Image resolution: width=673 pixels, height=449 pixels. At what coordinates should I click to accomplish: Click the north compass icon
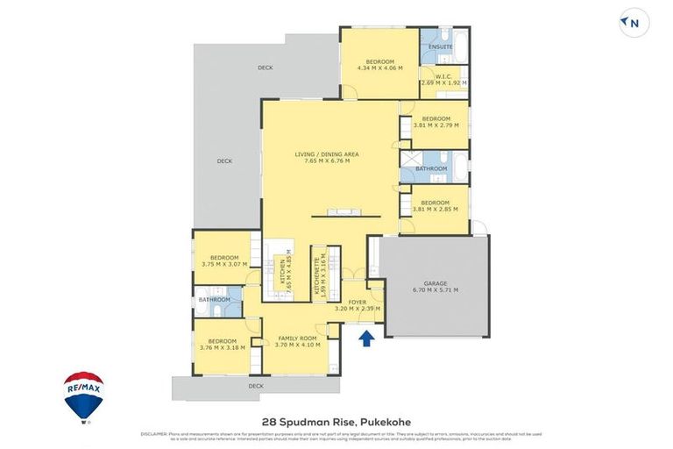coord(630,24)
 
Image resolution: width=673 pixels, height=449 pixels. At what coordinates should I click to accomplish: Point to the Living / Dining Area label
coord(326,154)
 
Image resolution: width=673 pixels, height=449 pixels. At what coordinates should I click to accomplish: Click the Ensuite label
coord(440,46)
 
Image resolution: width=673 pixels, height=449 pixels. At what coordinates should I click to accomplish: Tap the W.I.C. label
coord(443,75)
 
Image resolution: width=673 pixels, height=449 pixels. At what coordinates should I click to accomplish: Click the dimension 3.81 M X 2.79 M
coord(436,125)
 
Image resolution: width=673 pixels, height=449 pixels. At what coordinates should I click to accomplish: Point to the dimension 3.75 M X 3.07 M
coord(223,264)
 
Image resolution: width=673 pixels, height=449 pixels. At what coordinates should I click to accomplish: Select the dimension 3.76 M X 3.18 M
coord(223,347)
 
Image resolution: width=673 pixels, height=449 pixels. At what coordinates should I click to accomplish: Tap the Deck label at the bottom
coord(255,385)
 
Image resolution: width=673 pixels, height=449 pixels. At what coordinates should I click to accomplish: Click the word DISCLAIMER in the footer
coord(153,433)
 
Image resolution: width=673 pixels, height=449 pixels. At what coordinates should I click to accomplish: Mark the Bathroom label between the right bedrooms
coord(431,168)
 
